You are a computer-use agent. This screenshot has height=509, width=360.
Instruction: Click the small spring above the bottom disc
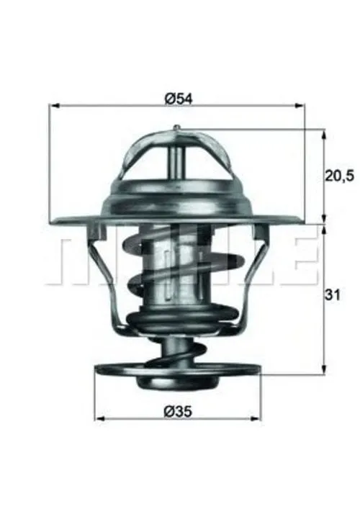(x=175, y=352)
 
